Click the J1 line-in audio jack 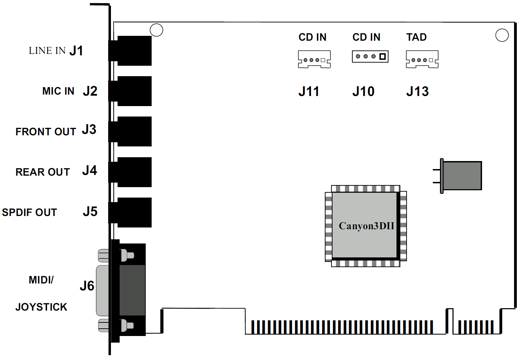coord(130,51)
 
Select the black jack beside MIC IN coord(130,91)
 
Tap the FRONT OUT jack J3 coord(130,131)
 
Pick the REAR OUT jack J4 coord(130,172)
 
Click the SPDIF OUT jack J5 coord(130,213)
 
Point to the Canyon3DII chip coord(366,226)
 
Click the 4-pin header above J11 coord(314,59)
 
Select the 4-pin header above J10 coord(370,56)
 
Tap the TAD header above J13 coord(422,59)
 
